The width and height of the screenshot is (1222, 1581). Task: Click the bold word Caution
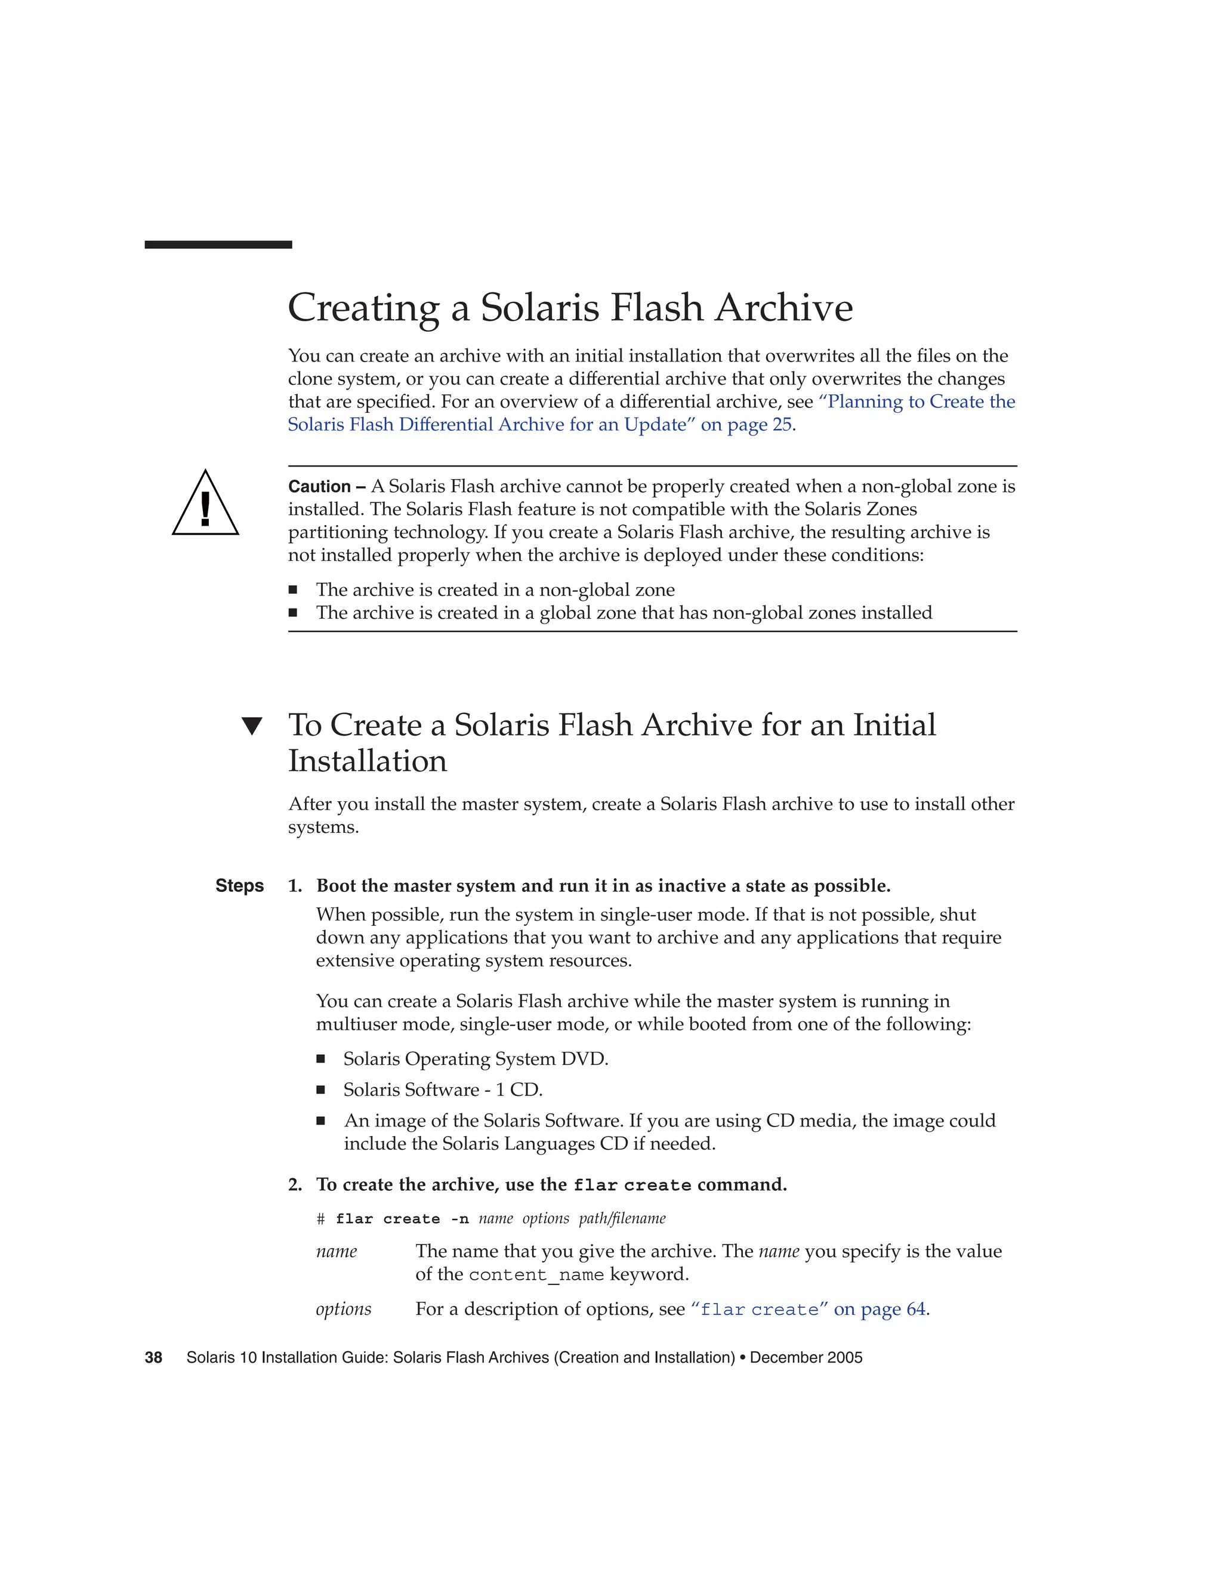click(319, 486)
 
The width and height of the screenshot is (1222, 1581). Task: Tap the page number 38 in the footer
click(153, 1357)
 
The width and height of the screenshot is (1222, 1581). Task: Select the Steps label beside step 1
click(240, 886)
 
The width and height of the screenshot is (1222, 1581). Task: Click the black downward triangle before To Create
click(251, 726)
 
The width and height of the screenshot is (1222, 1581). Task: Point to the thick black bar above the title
click(218, 245)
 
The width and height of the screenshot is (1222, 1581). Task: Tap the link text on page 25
click(746, 425)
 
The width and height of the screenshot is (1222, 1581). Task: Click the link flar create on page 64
click(809, 1310)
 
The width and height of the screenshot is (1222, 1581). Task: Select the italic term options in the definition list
click(343, 1309)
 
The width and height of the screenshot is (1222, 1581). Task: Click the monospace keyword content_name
click(536, 1275)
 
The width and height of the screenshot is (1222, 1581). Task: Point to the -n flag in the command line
click(459, 1219)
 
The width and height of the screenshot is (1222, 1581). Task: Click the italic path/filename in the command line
click(622, 1218)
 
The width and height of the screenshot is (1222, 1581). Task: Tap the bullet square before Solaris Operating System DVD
click(320, 1059)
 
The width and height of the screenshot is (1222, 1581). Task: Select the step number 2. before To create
click(295, 1185)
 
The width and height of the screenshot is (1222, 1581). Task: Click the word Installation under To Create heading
click(368, 761)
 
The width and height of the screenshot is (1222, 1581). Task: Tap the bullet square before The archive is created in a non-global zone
click(293, 590)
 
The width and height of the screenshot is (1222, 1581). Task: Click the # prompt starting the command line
click(320, 1219)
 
